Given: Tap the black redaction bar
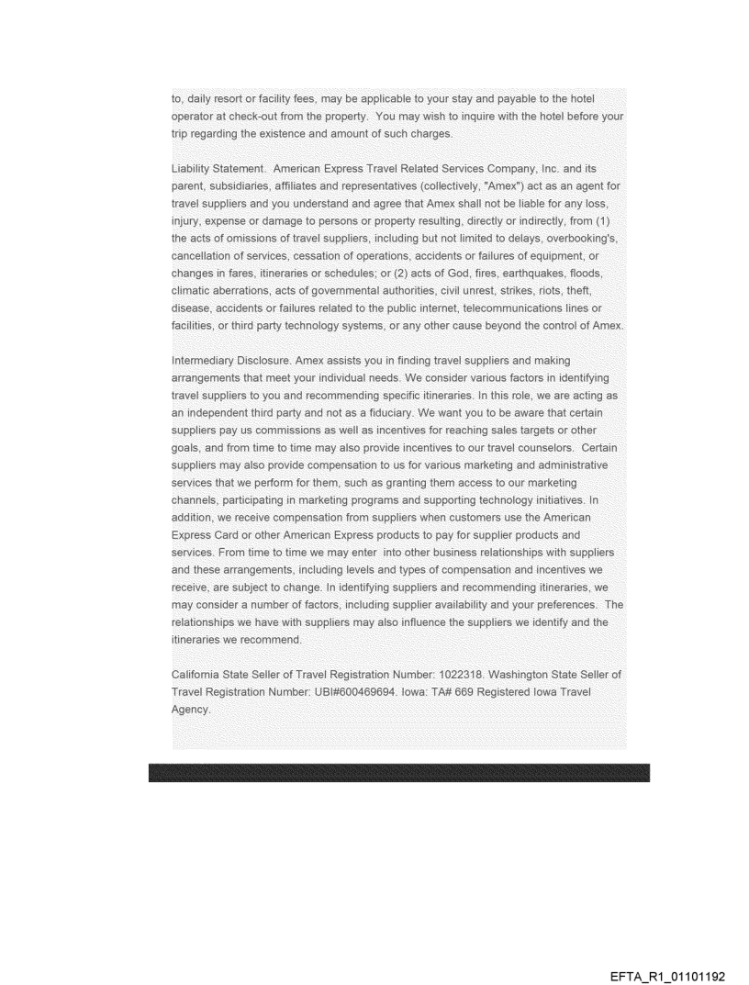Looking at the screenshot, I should click(x=398, y=772).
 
